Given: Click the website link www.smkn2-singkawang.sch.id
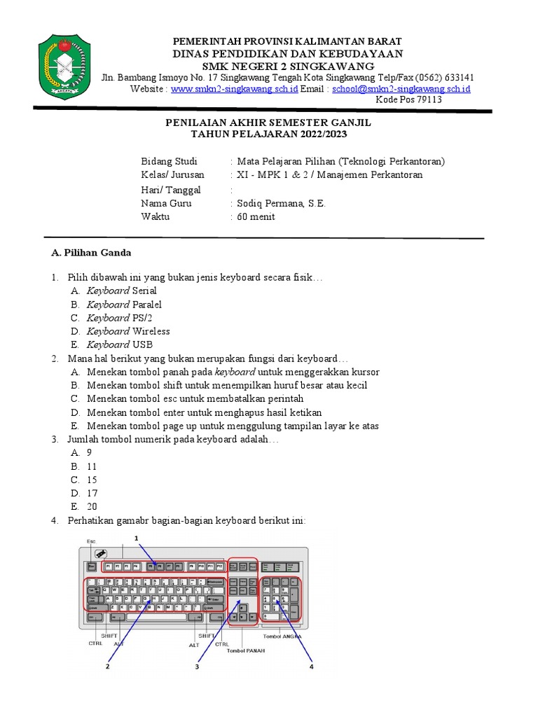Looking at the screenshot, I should click(x=235, y=89).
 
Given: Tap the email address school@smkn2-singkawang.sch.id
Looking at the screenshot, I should click(x=401, y=89).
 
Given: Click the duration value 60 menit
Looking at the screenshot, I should click(x=256, y=216).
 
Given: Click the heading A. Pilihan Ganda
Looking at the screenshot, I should click(x=91, y=252).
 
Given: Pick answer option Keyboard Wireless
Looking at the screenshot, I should click(x=128, y=331).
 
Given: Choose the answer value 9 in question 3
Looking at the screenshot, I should click(x=90, y=452).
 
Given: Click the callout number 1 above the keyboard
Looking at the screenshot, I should click(x=137, y=537).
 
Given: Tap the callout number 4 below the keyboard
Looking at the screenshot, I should click(x=311, y=667).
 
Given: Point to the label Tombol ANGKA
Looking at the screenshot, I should click(x=282, y=636).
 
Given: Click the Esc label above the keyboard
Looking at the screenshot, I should click(x=91, y=541).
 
